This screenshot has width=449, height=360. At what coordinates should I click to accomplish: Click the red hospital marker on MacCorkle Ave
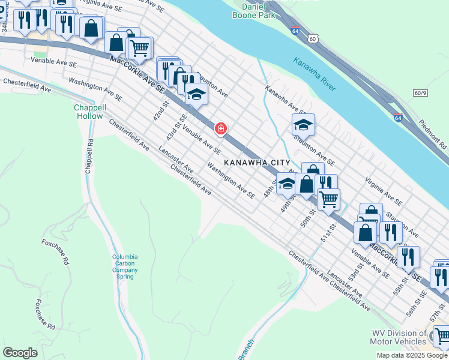point(221,129)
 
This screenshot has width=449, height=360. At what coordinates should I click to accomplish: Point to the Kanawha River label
point(315,74)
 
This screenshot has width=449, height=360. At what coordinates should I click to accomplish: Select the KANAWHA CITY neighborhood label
point(258,163)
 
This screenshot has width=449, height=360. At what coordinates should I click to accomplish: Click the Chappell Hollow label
point(90,111)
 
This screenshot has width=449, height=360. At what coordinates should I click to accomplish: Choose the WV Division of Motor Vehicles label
point(399,338)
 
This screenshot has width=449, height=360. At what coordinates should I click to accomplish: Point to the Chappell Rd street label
point(90,156)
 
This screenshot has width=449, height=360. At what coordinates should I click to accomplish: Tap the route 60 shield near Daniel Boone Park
point(313,38)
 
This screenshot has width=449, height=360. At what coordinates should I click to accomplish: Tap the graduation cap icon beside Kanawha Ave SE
point(303,125)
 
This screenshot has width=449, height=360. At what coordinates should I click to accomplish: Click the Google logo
point(20,352)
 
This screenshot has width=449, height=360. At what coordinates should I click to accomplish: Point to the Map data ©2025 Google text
point(412,355)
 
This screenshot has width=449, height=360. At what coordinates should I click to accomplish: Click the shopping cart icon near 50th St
point(328,199)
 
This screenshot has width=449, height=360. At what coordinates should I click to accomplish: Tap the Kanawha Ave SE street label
point(285,100)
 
